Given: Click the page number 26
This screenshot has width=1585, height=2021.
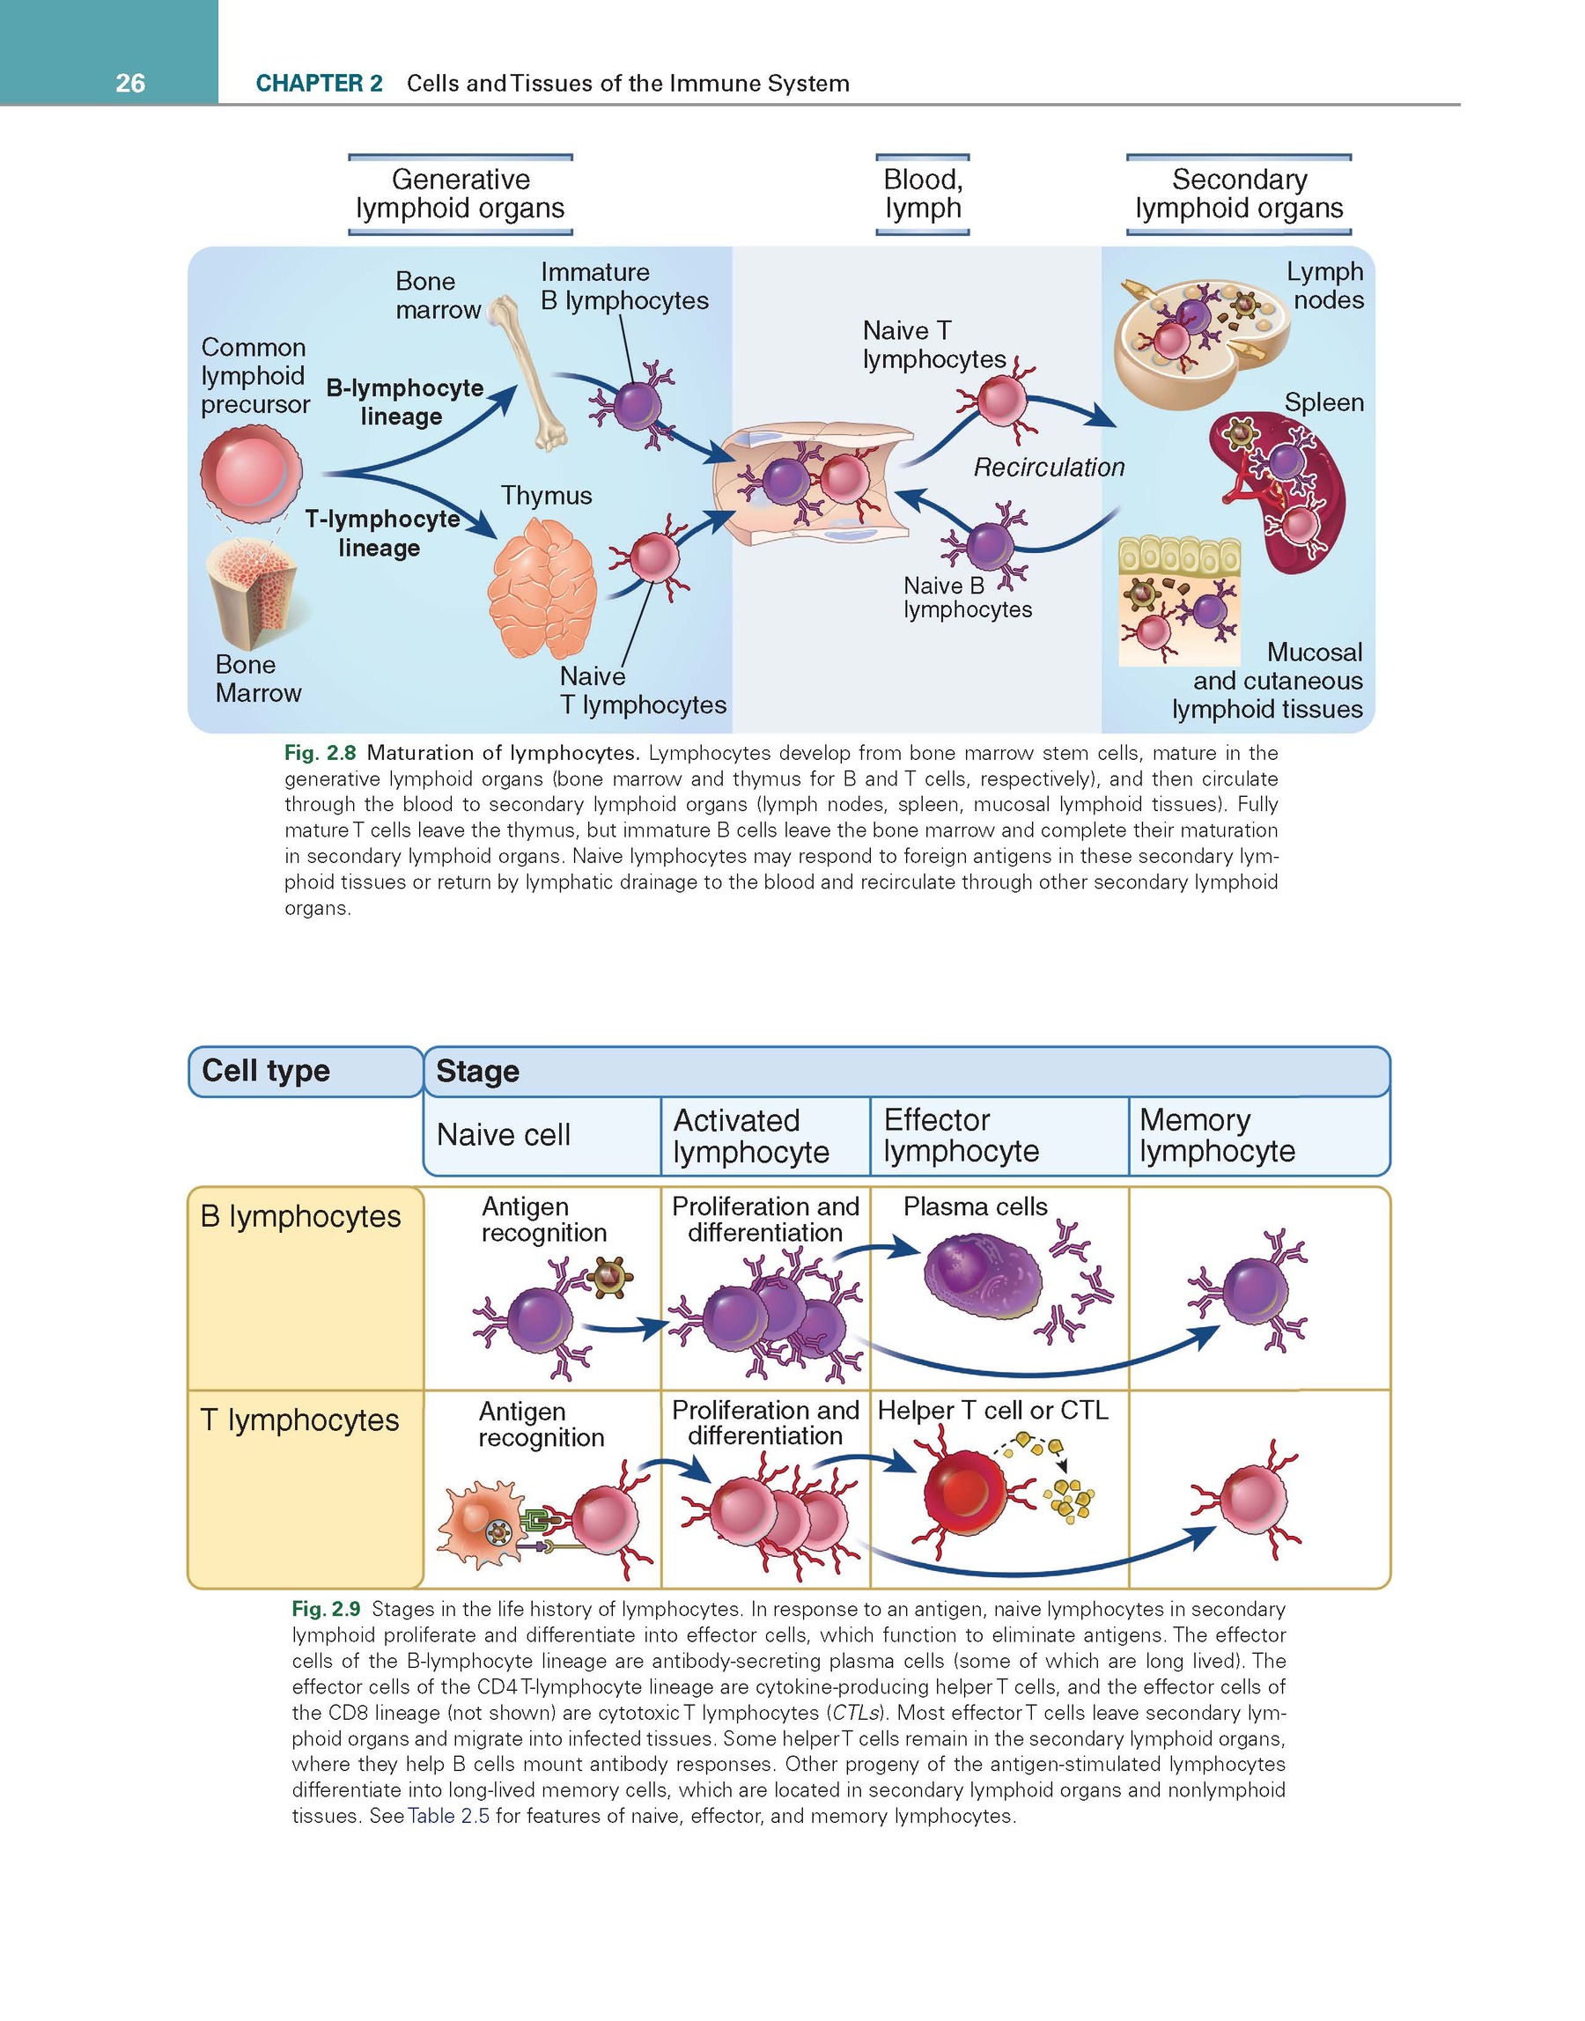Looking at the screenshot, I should click(x=130, y=84).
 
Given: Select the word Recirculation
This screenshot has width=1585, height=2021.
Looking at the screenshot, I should click(x=1049, y=467).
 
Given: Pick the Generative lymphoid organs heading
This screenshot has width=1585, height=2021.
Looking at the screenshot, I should click(x=461, y=194).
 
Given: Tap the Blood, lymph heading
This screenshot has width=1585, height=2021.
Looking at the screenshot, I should click(x=923, y=194).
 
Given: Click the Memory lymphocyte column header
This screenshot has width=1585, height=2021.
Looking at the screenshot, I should click(x=1217, y=1136).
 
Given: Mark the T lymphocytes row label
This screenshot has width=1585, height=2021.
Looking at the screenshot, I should click(x=299, y=1420).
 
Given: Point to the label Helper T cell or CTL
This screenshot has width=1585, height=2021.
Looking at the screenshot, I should click(x=993, y=1411).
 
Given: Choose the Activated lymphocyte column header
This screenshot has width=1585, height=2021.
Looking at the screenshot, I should click(x=751, y=1136).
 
